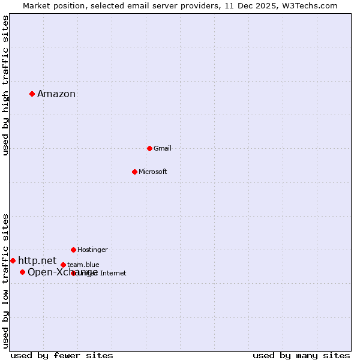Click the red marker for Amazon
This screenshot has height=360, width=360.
coord(32,94)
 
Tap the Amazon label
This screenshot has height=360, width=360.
coord(56,94)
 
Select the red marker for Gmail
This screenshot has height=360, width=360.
coord(149,148)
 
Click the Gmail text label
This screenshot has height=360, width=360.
coord(163,149)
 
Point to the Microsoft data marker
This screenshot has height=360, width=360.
coord(134,172)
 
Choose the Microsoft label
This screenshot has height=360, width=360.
coord(153,172)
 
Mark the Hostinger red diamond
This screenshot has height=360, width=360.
coord(73,250)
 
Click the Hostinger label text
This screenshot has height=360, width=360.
coord(92,250)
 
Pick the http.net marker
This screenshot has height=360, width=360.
coord(13,260)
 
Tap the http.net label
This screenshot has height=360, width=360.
coord(37,260)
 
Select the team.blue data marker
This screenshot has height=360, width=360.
coord(63,265)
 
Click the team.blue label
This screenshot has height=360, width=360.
coord(83,265)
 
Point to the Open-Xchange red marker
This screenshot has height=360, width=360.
coord(22,272)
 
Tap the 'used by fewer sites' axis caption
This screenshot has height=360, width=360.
coord(62,355)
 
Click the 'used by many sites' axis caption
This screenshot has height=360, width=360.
coord(301,355)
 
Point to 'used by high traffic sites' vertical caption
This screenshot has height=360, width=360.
coord(6,85)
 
